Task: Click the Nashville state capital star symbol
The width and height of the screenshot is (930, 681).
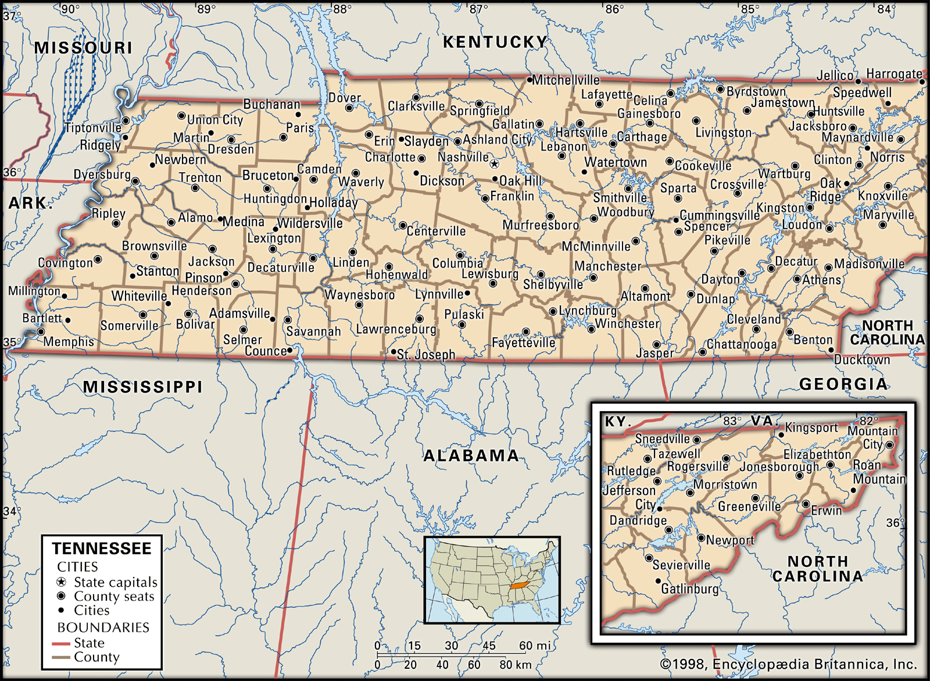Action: coord(494,164)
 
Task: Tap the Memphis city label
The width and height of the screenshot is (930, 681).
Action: coord(69,341)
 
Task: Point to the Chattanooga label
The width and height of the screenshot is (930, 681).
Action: coord(742,344)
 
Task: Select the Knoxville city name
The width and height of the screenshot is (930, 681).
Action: coord(882,195)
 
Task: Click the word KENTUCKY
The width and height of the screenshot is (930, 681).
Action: coord(495,42)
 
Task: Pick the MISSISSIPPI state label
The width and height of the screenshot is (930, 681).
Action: coord(143,387)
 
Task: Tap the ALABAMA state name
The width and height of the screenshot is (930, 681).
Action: coord(471,455)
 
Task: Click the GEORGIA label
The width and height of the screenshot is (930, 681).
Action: coord(843,384)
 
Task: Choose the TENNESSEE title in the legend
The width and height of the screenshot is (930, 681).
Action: coord(102,548)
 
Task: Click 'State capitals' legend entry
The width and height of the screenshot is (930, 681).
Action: coord(115,582)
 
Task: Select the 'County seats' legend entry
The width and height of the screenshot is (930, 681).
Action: coord(114,596)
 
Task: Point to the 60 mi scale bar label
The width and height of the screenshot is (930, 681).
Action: coord(534,646)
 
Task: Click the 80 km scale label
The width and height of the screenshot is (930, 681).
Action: coord(515,665)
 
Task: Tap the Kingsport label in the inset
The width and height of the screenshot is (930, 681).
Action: coord(811,428)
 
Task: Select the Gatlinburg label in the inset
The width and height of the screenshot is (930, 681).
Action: coord(689,589)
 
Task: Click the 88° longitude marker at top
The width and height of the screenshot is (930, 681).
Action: coord(342,9)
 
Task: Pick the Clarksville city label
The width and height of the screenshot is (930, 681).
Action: coord(416,106)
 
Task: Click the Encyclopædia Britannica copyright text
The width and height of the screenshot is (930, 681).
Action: coord(788,664)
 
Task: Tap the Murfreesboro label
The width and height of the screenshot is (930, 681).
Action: coord(541,225)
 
